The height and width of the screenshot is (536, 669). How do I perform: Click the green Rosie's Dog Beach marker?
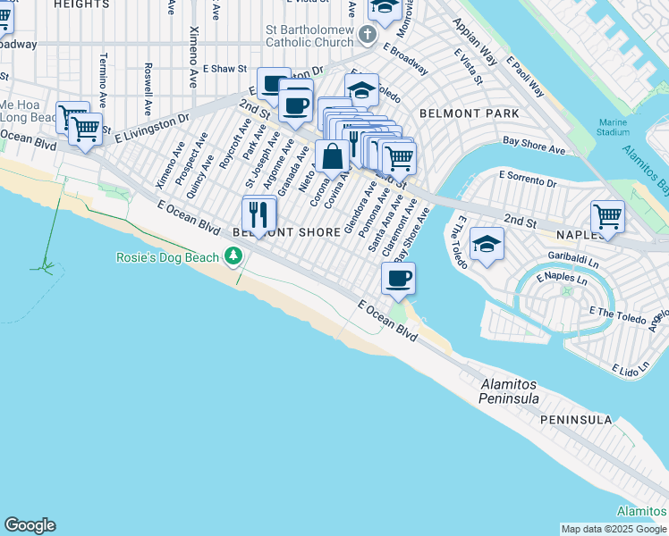[x=233, y=257]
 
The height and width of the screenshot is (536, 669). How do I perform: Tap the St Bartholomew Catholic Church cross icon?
[x=367, y=35]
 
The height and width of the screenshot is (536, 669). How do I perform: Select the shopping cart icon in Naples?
[x=607, y=216]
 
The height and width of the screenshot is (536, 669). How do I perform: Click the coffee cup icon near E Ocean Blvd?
[x=398, y=278]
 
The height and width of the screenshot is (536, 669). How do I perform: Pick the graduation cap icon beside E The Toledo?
[x=487, y=244]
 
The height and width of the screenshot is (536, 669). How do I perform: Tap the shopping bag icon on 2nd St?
[x=332, y=156]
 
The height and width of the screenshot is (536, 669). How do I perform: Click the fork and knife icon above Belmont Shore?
[x=258, y=214]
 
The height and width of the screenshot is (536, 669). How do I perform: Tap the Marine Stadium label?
[x=614, y=127]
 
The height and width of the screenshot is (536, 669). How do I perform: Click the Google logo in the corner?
[x=30, y=525]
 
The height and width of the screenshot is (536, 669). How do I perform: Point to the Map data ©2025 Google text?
[x=613, y=529]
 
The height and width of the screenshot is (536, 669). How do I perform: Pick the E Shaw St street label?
[x=224, y=68]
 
